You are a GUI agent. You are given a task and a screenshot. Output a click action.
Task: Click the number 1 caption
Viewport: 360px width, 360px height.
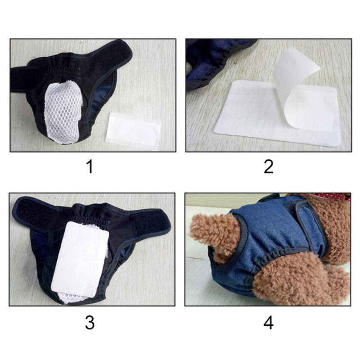point(90,167)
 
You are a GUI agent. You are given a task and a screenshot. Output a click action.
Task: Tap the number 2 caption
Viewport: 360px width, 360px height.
point(269,167)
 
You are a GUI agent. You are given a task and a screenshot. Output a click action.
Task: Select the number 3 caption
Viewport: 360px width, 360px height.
point(90,323)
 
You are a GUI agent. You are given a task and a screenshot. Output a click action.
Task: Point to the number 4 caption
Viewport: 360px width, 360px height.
point(269,323)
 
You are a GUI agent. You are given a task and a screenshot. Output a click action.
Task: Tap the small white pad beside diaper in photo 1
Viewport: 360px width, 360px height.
point(135,129)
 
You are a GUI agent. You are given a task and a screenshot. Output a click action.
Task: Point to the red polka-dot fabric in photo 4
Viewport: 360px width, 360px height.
point(333,197)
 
